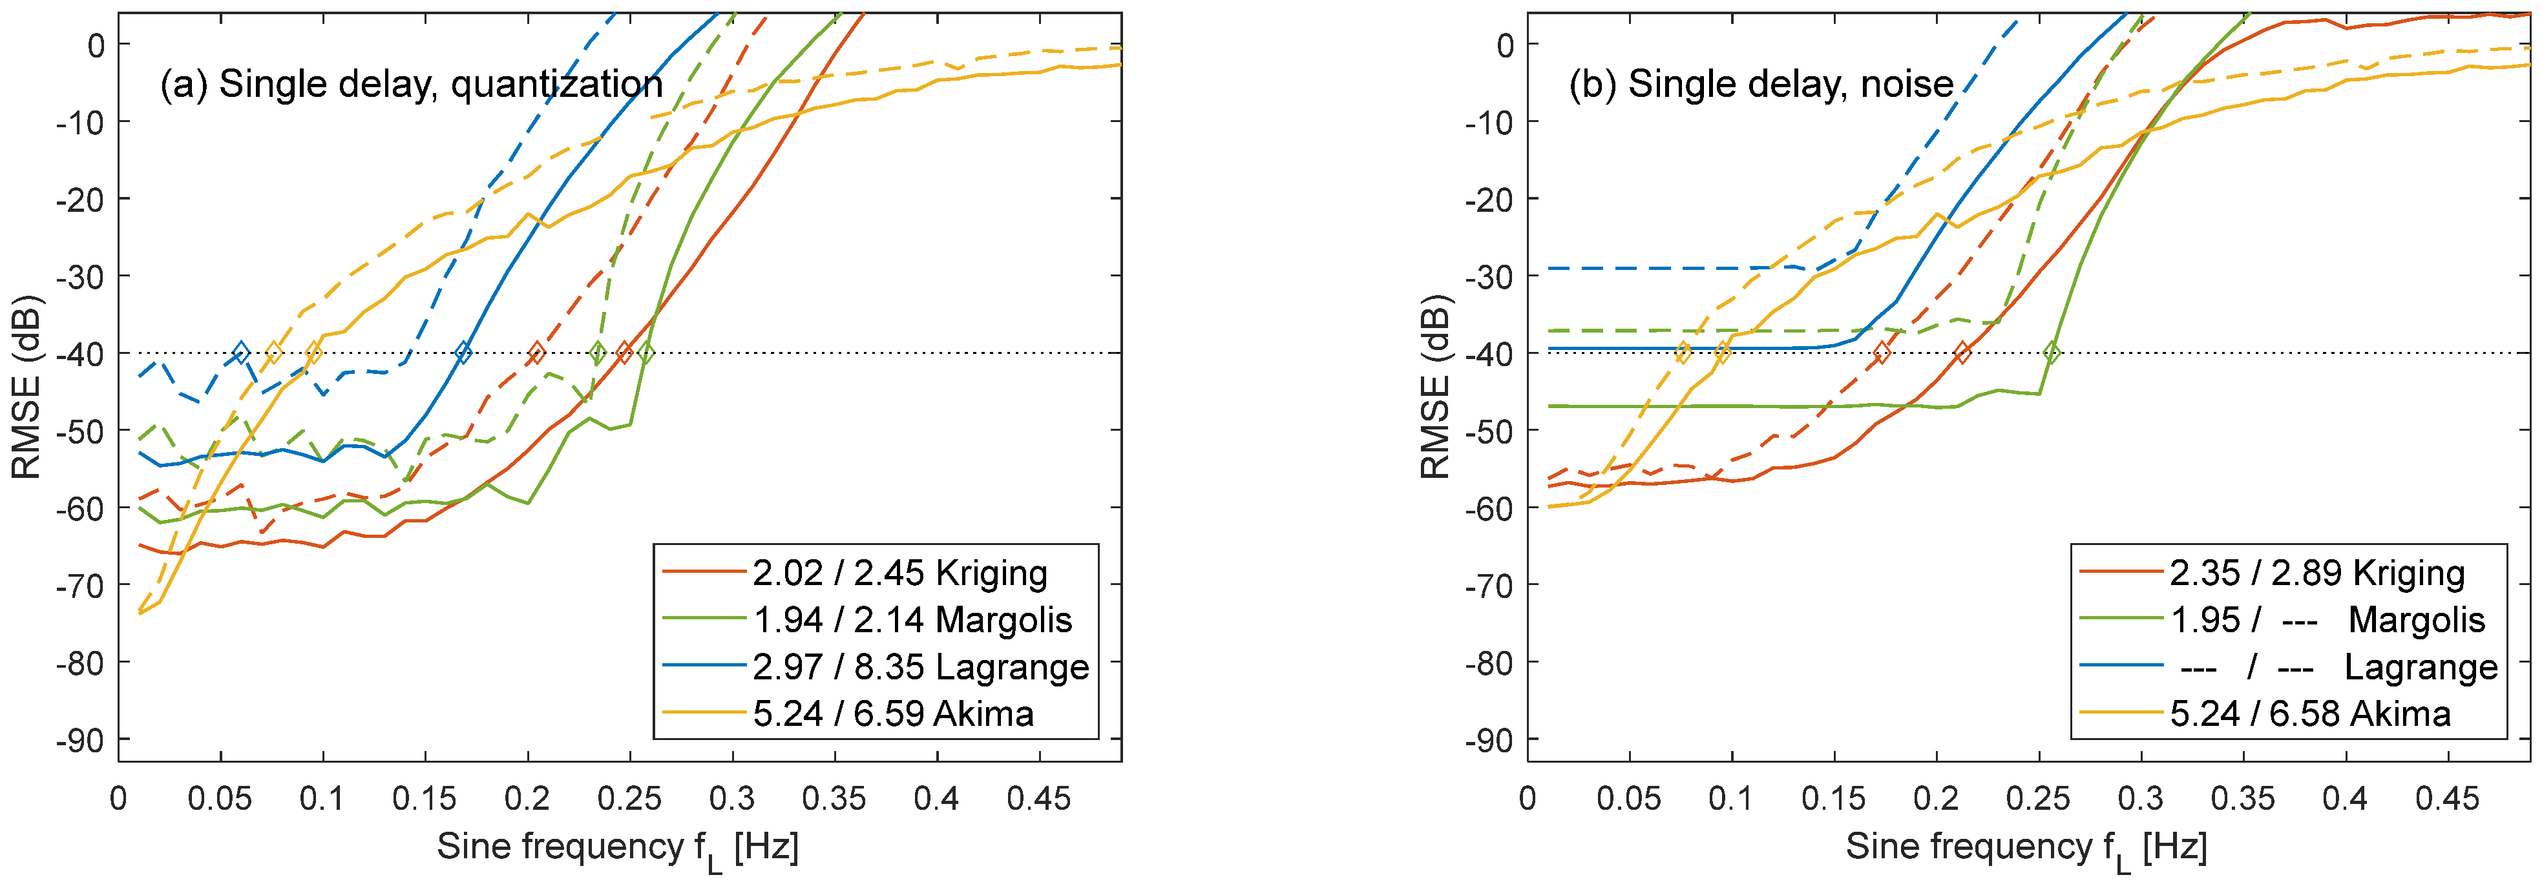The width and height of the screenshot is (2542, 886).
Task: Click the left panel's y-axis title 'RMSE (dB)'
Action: (26, 387)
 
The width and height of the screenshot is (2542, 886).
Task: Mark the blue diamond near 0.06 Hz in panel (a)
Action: (241, 352)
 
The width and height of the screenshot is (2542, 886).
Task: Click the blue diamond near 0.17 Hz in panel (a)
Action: (463, 352)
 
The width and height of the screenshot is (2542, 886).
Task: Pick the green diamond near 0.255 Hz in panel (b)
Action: (2052, 352)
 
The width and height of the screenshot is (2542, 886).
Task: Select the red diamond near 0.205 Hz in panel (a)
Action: (537, 352)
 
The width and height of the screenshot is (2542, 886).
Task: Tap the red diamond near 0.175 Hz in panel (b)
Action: (1882, 352)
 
